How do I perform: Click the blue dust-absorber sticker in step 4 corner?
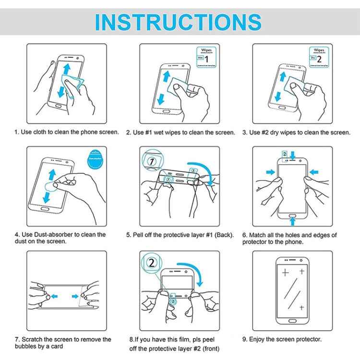click(x=96, y=161)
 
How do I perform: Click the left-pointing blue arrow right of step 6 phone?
click(x=314, y=171)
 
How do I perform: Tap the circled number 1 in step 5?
click(x=152, y=162)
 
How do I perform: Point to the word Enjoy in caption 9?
click(x=258, y=339)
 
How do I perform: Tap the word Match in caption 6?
click(x=258, y=235)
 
